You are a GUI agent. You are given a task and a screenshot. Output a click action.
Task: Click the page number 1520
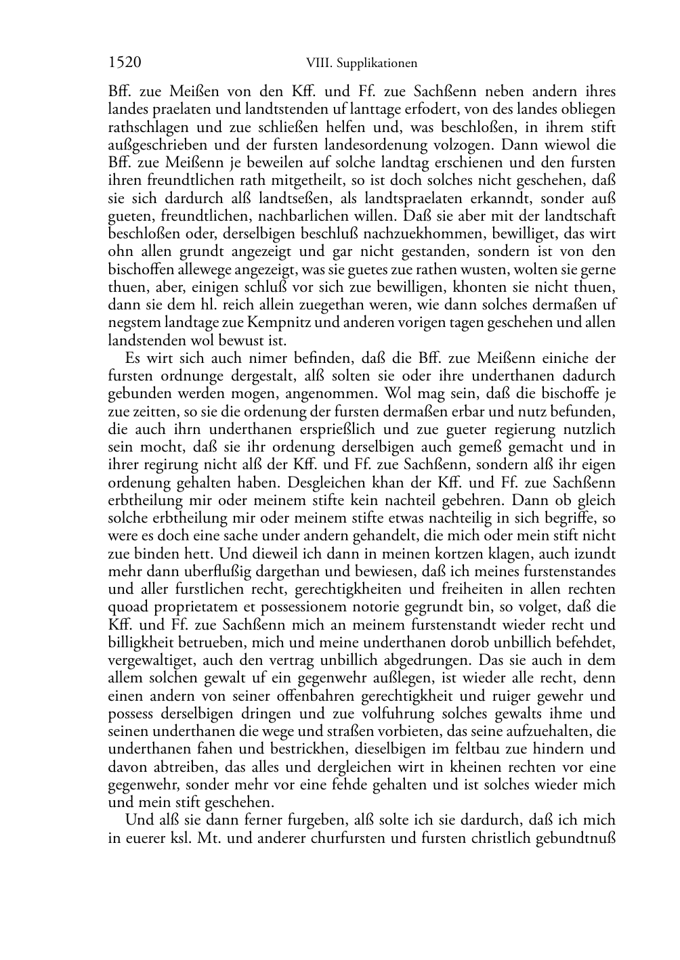[x=125, y=63]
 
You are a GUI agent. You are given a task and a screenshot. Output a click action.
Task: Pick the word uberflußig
[x=212, y=571]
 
